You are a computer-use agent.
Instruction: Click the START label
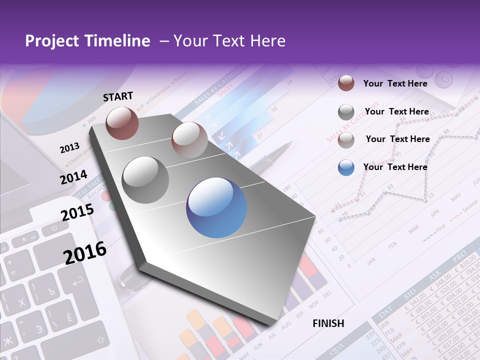118,96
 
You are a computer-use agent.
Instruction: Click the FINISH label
328,323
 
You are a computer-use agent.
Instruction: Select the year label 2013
69,148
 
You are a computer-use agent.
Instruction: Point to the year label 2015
77,212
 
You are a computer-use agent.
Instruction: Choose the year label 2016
84,252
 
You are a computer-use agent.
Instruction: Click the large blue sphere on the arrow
216,207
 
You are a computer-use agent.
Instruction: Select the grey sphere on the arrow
145,179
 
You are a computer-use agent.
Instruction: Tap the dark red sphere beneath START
122,123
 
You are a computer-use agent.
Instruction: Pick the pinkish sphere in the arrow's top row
189,140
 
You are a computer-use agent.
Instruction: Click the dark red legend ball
346,83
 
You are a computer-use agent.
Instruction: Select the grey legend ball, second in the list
346,112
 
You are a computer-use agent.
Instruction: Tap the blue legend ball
346,167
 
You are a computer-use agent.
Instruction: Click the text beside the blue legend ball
395,167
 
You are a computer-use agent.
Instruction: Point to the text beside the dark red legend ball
395,83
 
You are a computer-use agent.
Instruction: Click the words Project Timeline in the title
87,41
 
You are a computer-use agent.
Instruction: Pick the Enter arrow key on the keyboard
77,282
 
